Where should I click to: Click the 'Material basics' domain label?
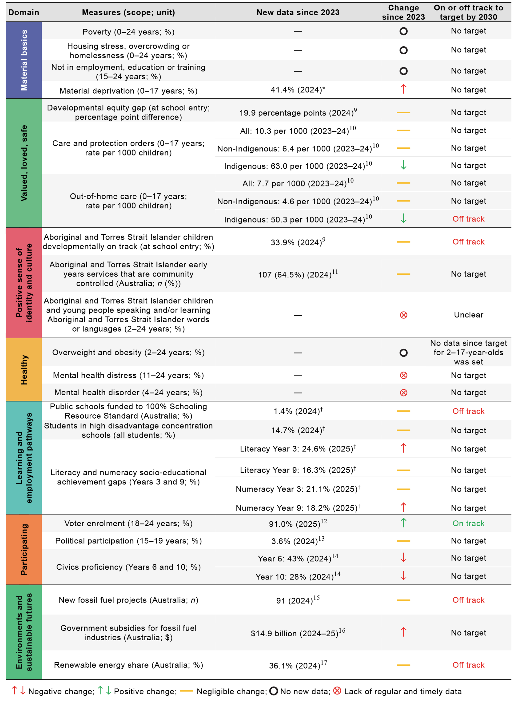tap(24, 60)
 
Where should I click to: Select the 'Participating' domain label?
tap(24, 549)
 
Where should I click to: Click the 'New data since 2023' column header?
tap(298, 12)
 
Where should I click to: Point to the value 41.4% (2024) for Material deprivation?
tap(298, 90)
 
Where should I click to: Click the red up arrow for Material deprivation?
tap(403, 89)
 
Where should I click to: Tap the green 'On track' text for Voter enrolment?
tap(468, 523)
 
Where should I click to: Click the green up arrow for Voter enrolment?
tap(403, 523)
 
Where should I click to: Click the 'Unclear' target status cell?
tap(468, 315)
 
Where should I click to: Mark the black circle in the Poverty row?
tap(403, 31)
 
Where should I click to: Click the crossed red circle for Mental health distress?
tap(403, 375)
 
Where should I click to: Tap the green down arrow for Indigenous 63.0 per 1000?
tap(403, 165)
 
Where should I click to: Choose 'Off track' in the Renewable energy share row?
tap(468, 665)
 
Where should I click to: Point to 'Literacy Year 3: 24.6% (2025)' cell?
tap(298, 449)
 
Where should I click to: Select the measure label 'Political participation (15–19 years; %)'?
tap(128, 541)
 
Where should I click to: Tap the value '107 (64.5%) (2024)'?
tap(298, 274)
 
